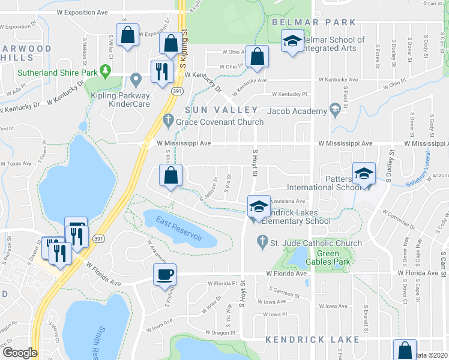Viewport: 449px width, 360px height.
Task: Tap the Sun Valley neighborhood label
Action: click(x=221, y=110)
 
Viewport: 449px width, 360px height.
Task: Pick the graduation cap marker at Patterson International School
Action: click(x=363, y=173)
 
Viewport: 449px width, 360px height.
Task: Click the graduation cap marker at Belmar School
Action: click(x=292, y=41)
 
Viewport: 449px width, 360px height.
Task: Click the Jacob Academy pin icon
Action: click(x=334, y=110)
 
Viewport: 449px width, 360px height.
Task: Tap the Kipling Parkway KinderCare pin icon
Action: click(x=136, y=79)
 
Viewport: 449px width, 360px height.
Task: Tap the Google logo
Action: click(x=20, y=352)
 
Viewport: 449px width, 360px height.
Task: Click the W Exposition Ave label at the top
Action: click(x=82, y=12)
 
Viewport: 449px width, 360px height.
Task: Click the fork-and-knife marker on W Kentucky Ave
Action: click(x=160, y=71)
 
